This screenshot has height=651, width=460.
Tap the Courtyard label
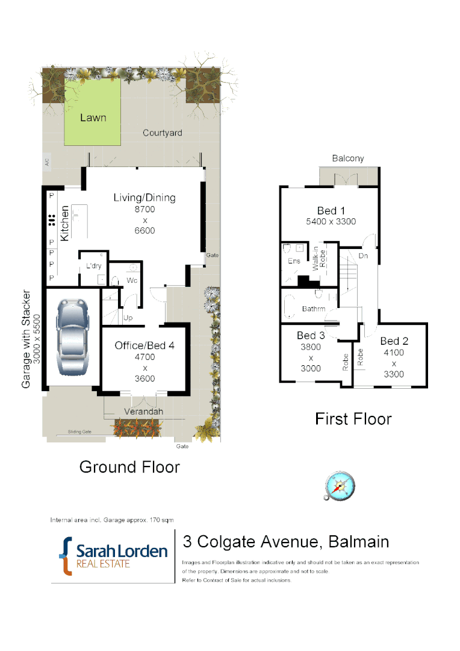[x=162, y=133]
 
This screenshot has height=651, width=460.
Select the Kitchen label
[x=64, y=221]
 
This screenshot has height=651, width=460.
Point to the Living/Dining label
[x=145, y=198]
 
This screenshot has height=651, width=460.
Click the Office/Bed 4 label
[x=145, y=345]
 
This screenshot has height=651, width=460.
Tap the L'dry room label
[x=93, y=266]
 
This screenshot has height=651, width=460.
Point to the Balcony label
[x=348, y=159]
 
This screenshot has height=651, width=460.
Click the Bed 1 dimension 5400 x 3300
[x=331, y=221]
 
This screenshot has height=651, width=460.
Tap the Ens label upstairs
[x=294, y=261]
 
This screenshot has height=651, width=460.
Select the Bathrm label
[x=313, y=309]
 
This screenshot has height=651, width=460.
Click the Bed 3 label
[x=311, y=335]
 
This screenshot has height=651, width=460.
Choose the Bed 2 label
[x=394, y=341]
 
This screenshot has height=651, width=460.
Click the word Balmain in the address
[x=359, y=542]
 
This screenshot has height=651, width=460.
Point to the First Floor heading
[x=353, y=418]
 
